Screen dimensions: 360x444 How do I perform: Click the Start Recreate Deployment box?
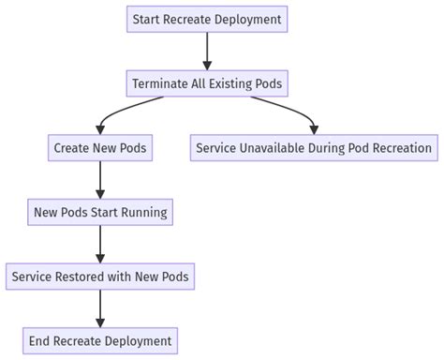[x=206, y=19]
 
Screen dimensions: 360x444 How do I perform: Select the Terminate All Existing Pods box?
[x=206, y=83]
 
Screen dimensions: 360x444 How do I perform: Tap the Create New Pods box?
[x=99, y=148]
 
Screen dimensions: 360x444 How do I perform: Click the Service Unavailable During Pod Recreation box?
[x=314, y=148]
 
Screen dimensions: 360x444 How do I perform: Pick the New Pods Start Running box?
[x=99, y=212]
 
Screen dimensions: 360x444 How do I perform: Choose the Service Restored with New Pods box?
[x=99, y=277]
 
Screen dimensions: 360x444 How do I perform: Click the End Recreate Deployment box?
[x=99, y=340]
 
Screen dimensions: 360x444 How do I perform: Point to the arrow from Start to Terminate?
[x=206, y=51]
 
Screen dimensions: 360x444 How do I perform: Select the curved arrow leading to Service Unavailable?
[x=286, y=112]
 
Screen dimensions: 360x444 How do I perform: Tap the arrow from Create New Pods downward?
[x=99, y=180]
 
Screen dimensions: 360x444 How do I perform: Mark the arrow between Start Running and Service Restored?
[x=99, y=244]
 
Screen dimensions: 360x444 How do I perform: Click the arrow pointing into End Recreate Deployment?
[x=99, y=308]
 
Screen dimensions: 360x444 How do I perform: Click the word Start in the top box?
[x=147, y=19]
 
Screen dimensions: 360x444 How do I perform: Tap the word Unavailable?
[x=282, y=148]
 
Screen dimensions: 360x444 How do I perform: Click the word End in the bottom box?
[x=40, y=340]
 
